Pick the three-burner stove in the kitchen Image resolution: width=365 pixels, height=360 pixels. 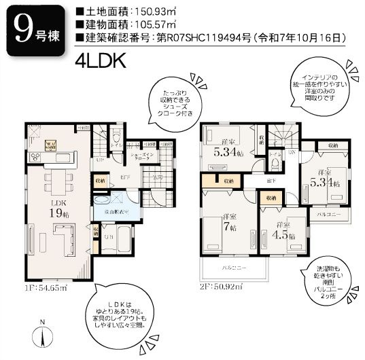(50, 145)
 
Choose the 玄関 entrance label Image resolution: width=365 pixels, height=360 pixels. (155, 177)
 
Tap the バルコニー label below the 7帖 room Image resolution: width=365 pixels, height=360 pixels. (234, 268)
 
